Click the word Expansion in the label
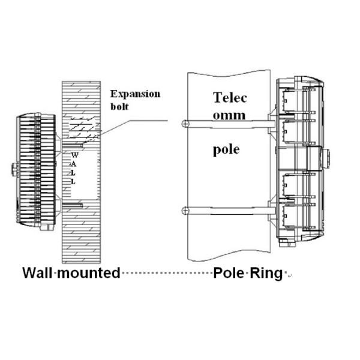click(x=135, y=94)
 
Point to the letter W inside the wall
click(x=74, y=155)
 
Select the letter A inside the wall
click(x=74, y=164)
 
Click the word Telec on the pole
click(x=231, y=97)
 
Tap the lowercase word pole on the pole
click(x=226, y=148)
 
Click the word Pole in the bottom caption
click(x=229, y=273)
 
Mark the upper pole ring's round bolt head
click(x=185, y=124)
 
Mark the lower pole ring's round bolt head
click(x=185, y=210)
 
